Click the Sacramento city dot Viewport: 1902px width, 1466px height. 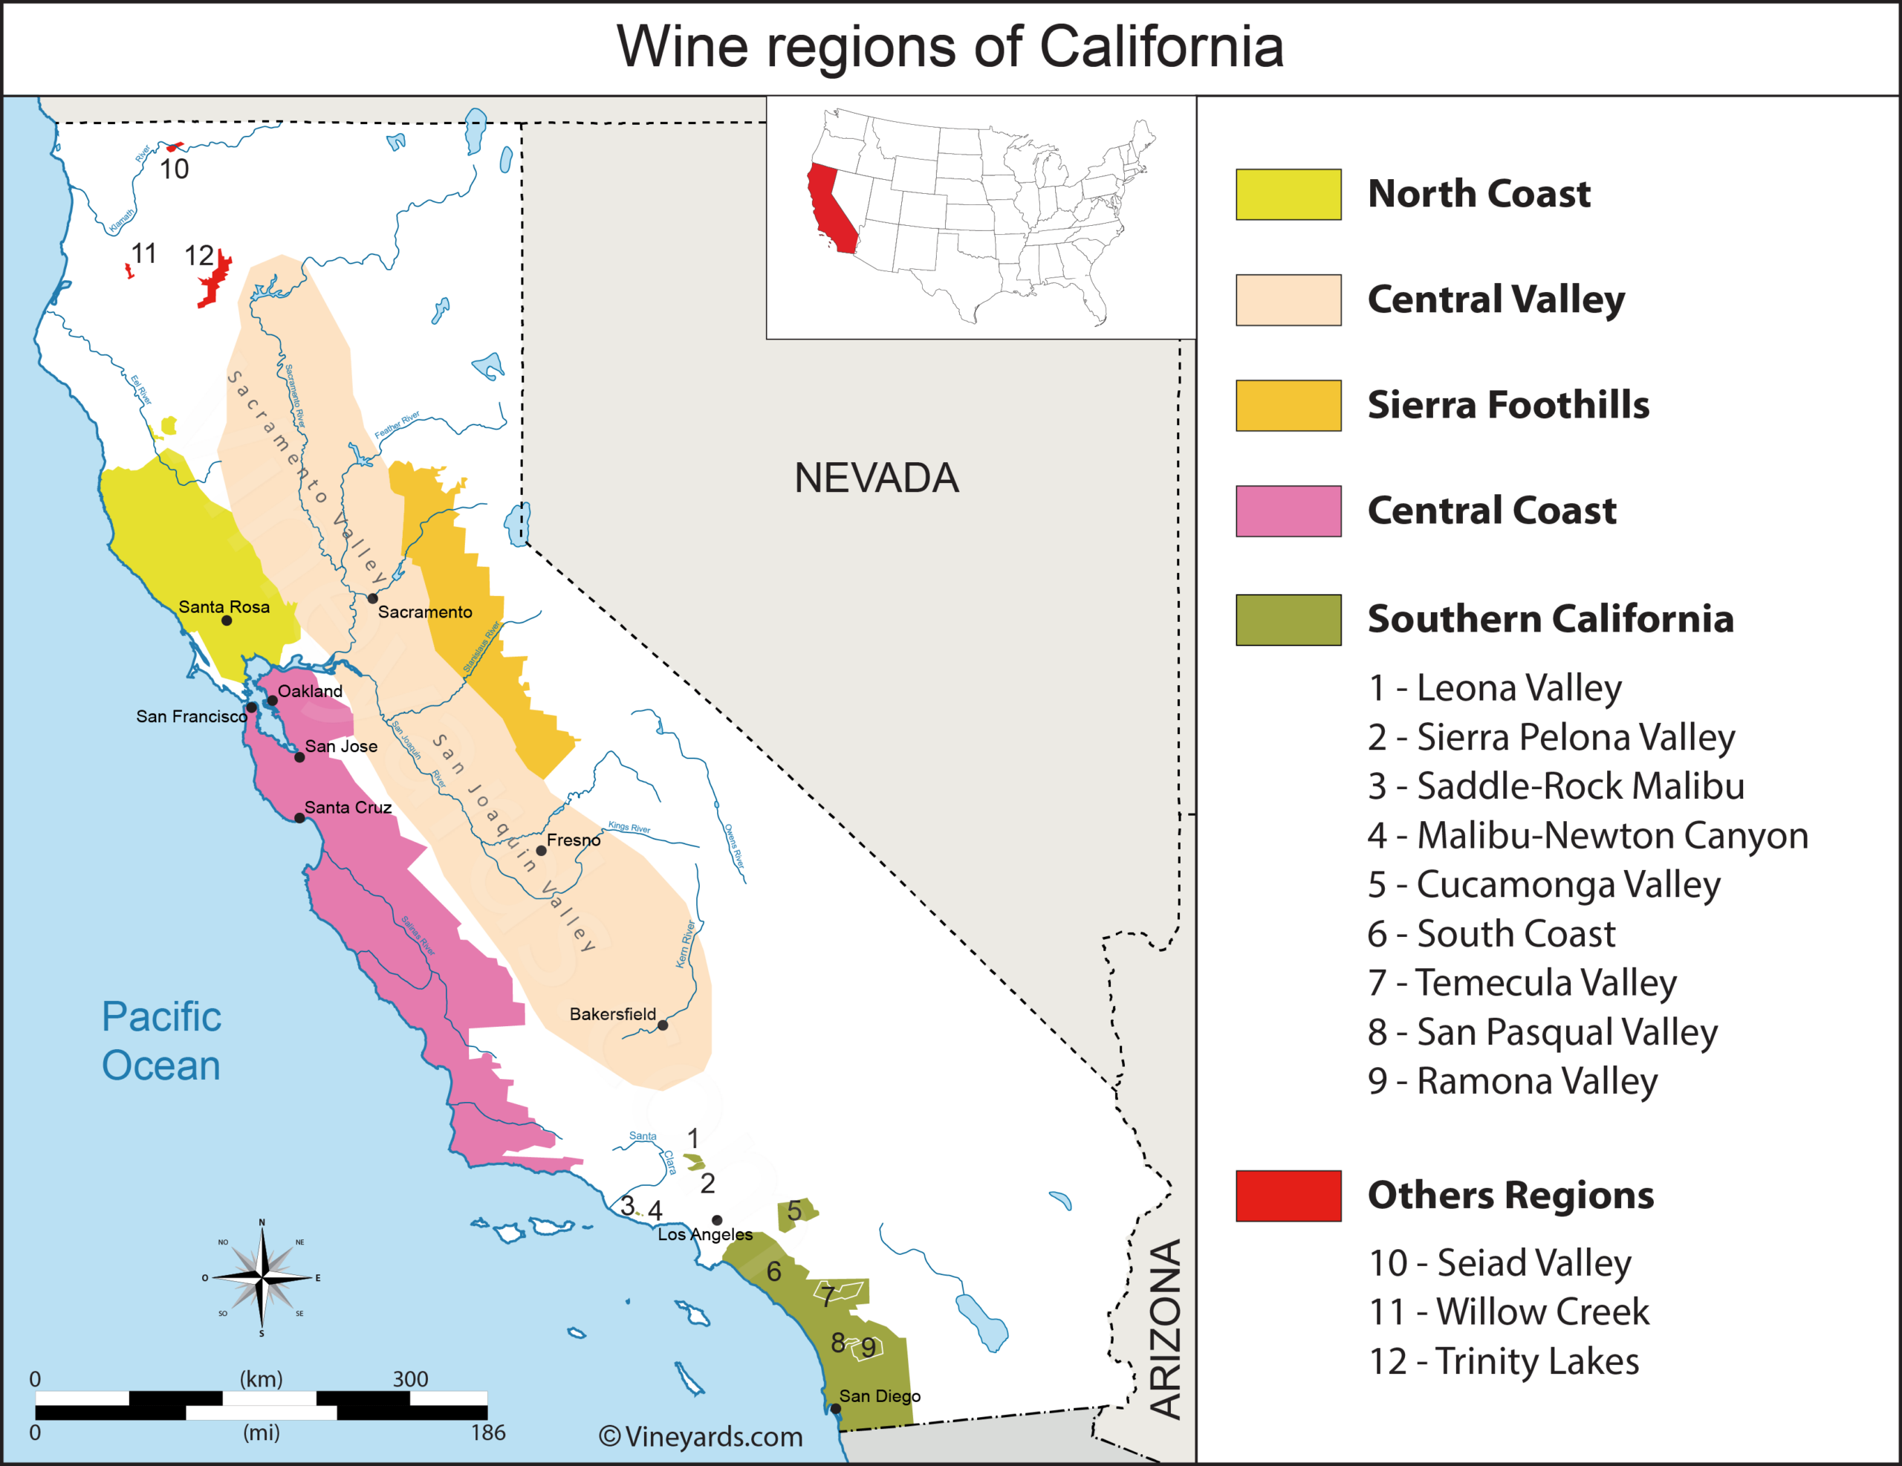coord(373,598)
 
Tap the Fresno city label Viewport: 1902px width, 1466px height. coord(573,840)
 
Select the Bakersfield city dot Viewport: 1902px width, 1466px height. coord(663,1025)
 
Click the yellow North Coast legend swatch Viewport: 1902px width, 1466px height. coord(1288,194)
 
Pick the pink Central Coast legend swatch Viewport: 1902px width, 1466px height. coord(1288,511)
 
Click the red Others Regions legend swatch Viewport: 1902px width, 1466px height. coord(1288,1196)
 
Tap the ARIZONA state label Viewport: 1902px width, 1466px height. coord(1165,1329)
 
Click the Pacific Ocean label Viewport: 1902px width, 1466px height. coord(161,1041)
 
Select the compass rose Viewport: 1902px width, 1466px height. coord(262,1278)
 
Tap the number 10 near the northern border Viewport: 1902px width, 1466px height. coord(174,169)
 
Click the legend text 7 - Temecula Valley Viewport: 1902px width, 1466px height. coord(1522,982)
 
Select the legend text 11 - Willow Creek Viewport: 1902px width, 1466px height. coord(1508,1312)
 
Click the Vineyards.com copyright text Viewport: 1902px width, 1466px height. coord(701,1436)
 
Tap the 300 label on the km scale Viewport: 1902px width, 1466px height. coord(410,1379)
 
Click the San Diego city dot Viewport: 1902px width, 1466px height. coord(835,1409)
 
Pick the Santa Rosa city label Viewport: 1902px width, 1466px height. coord(224,606)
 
